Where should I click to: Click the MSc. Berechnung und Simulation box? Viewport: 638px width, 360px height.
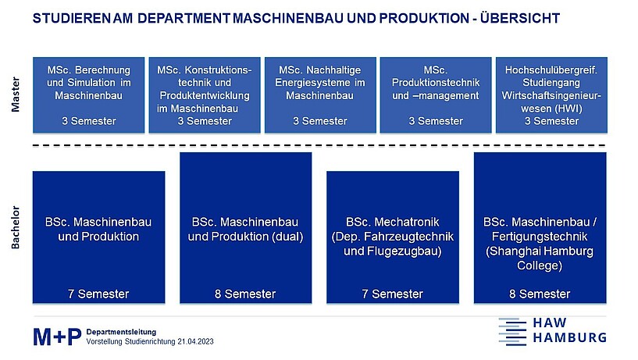[89, 94]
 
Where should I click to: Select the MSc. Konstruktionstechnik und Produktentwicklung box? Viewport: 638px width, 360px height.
[205, 94]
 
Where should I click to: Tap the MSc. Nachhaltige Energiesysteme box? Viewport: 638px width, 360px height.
[320, 94]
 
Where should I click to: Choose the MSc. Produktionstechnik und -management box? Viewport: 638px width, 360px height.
[436, 94]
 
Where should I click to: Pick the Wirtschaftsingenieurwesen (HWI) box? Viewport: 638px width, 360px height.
[551, 94]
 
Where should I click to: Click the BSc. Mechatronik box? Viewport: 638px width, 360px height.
[393, 237]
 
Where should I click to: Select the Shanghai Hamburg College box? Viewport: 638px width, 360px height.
[540, 228]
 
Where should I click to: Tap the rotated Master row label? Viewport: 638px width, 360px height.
[15, 94]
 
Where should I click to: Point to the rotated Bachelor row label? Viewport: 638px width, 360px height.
[15, 227]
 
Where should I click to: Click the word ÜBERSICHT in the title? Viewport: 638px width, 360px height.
[520, 18]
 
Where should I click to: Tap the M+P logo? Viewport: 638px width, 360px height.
[57, 337]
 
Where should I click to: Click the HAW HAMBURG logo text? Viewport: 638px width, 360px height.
[569, 330]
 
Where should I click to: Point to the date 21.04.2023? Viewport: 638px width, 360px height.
[195, 342]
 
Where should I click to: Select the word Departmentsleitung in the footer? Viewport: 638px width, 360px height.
[121, 332]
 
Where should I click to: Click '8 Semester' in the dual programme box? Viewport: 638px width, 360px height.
[245, 294]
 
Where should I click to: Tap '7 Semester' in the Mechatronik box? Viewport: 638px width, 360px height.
[393, 294]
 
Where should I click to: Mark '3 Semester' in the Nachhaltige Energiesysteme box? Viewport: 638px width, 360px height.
[320, 121]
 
